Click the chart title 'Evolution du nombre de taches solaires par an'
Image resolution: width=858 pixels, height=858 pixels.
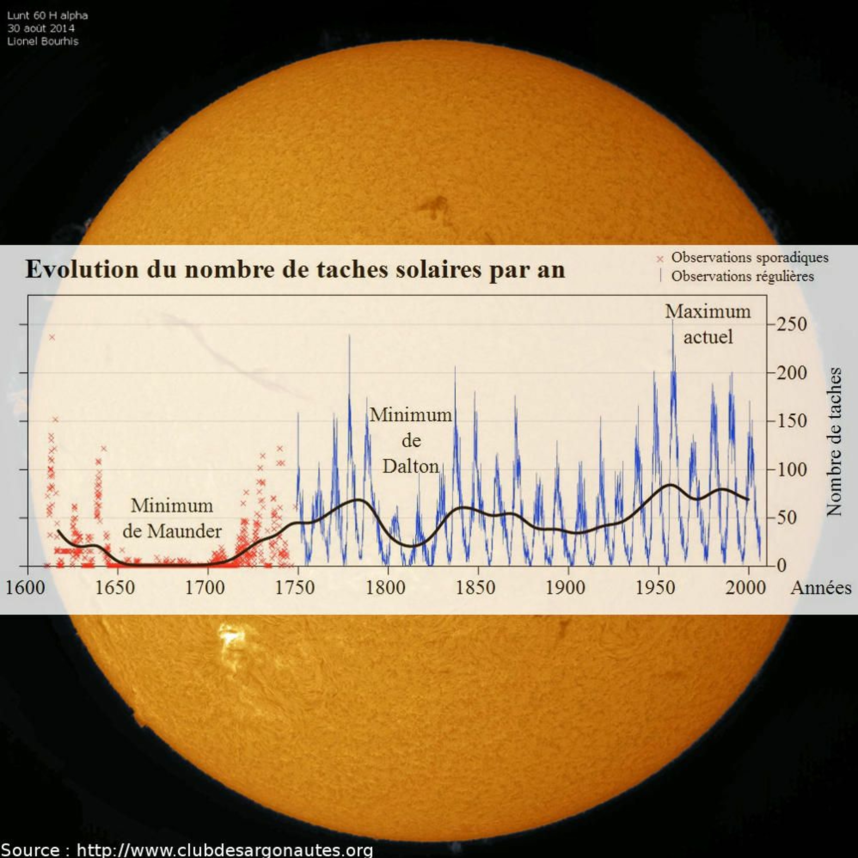tap(295, 270)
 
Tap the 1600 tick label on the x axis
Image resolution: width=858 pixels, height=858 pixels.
tap(25, 587)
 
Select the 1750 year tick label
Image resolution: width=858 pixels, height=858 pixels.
tap(295, 587)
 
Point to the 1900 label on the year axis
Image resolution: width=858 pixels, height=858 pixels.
tap(565, 587)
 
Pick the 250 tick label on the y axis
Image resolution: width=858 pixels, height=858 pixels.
tap(791, 324)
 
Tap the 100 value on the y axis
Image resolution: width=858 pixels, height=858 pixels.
tap(791, 469)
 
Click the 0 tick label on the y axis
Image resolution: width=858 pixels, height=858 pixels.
tap(782, 566)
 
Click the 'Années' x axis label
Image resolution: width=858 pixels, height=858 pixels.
tap(821, 587)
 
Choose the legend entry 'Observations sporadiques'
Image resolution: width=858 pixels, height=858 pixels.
tap(750, 258)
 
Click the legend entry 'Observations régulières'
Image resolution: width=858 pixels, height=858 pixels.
tap(742, 276)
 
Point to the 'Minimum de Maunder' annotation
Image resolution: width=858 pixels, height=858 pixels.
tap(172, 518)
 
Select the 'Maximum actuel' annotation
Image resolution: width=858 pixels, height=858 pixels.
tap(708, 324)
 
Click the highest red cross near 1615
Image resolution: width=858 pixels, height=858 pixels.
tap(52, 337)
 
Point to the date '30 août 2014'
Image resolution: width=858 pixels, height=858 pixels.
tap(41, 28)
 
